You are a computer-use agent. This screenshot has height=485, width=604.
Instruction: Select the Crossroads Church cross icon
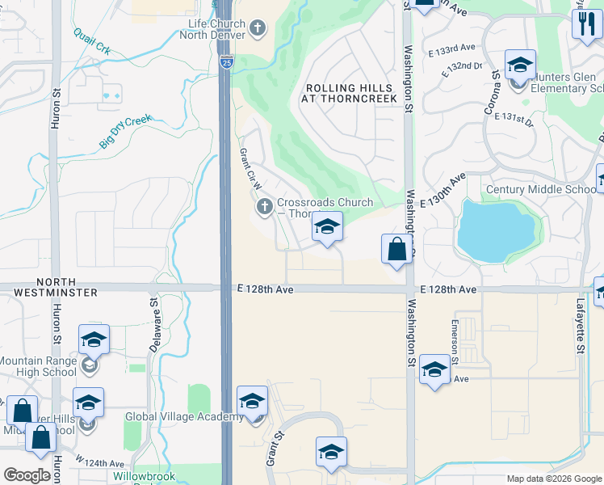[x=264, y=209]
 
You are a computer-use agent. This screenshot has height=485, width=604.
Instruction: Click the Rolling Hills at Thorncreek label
[x=351, y=93]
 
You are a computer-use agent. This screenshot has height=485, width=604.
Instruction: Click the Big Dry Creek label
[x=125, y=131]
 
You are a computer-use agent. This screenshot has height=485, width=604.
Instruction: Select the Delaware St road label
[x=153, y=323]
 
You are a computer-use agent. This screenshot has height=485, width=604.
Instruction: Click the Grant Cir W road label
[x=251, y=169]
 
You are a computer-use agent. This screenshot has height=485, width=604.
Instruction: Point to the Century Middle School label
[x=541, y=190]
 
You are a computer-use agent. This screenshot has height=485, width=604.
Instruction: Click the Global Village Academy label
[x=184, y=417]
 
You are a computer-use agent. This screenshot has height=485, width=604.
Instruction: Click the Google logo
[x=27, y=475]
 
